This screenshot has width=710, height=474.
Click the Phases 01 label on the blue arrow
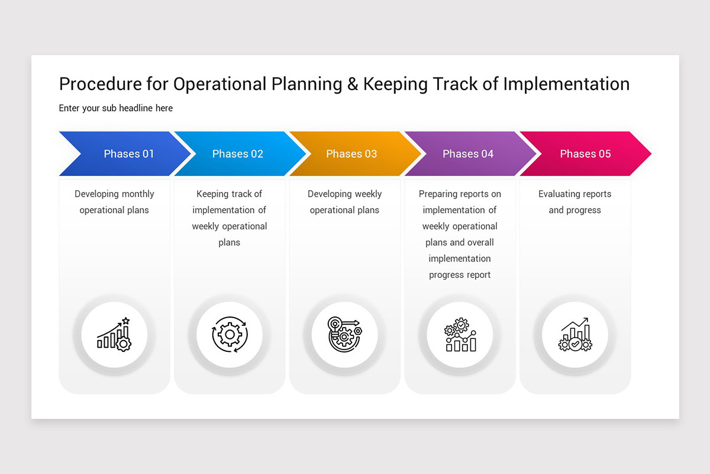point(128,154)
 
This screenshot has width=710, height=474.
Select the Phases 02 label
point(237,154)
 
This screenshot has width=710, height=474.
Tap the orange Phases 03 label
point(351,154)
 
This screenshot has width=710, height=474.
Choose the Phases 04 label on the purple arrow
point(467,154)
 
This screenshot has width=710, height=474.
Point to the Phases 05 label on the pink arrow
point(585,154)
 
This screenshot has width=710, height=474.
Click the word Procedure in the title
point(100,84)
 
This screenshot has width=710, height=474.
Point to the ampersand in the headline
point(353,84)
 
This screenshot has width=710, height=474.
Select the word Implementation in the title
point(566,84)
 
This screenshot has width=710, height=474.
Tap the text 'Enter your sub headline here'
point(116,108)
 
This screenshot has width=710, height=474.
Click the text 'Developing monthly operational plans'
point(114,202)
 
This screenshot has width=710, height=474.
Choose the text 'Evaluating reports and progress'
point(575,202)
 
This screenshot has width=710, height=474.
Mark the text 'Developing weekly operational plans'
point(344,202)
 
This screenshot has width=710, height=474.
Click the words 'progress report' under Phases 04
point(460,275)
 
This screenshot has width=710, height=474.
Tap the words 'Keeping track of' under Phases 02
point(229,194)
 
